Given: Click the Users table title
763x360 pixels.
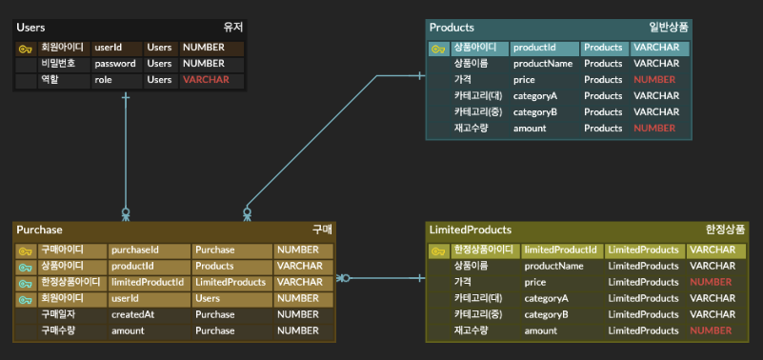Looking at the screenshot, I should [30, 29].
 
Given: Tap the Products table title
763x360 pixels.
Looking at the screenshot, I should [452, 28].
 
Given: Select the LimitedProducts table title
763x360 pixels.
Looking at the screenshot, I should [470, 230].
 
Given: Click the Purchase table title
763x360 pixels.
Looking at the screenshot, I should [39, 230].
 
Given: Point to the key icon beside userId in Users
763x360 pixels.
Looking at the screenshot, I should [26, 47].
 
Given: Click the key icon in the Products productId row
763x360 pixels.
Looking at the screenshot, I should [438, 48].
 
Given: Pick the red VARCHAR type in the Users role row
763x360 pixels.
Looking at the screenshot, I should [206, 80].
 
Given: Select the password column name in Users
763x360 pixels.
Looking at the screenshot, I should [114, 64].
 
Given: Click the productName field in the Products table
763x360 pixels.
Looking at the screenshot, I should [542, 64].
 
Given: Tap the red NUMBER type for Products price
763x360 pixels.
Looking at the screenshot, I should [654, 80].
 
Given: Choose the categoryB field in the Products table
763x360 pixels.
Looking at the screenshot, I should [534, 112].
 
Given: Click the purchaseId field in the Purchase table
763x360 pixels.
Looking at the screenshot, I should [135, 250].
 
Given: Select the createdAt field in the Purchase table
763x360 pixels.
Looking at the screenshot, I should [132, 314].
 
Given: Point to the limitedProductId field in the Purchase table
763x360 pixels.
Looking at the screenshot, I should [147, 282].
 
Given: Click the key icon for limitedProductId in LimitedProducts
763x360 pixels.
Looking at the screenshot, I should [438, 250].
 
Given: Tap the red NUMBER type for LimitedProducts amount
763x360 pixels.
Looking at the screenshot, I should [710, 330].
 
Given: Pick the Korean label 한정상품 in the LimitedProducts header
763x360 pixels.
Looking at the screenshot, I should [725, 230].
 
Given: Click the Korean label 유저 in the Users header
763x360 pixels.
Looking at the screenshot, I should [232, 29].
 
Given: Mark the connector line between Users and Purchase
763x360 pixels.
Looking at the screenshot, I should [126, 152].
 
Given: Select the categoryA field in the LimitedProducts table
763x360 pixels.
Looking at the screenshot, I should [546, 298].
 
